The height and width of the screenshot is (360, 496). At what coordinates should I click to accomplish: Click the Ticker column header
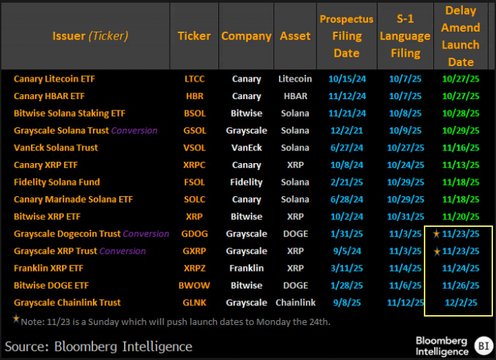tap(194, 36)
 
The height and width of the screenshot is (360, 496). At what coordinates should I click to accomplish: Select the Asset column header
tap(295, 36)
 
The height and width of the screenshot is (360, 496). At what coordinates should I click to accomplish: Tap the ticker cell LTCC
tap(194, 79)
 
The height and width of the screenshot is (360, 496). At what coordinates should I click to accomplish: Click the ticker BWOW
tap(194, 286)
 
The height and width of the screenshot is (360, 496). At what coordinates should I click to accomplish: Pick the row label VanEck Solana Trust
tap(56, 148)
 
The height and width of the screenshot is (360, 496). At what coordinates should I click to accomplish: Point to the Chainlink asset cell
tap(296, 303)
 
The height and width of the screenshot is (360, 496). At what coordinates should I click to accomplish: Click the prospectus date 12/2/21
tap(347, 130)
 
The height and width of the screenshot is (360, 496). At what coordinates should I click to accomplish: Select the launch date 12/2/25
tap(461, 303)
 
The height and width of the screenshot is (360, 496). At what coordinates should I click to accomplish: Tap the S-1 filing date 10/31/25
tap(405, 217)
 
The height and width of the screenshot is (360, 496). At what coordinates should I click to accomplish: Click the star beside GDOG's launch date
tap(436, 234)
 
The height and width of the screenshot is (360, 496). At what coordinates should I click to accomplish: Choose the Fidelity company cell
tap(246, 182)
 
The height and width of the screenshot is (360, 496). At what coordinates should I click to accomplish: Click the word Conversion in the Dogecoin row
tap(146, 234)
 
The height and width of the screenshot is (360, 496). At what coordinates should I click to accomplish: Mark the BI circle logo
tap(484, 346)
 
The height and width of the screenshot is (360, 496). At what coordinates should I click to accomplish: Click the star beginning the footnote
tap(16, 319)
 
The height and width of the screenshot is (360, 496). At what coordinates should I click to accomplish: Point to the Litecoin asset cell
tap(295, 79)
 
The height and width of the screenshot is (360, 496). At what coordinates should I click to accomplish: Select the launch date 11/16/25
tap(461, 148)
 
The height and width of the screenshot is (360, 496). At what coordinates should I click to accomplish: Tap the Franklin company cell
tap(246, 268)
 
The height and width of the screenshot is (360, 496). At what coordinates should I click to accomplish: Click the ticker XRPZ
tap(194, 268)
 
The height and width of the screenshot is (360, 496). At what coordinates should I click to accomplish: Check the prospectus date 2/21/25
tap(347, 182)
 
